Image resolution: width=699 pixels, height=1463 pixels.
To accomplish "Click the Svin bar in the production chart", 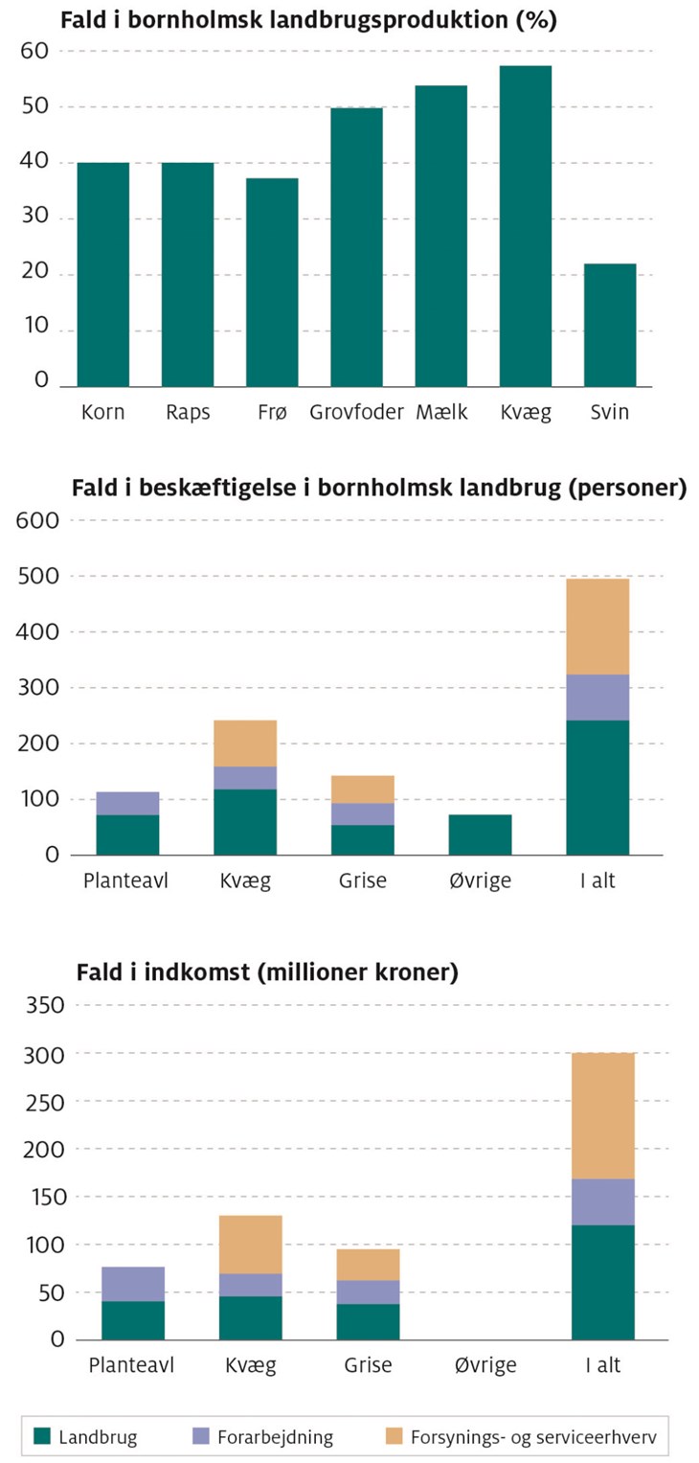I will coord(610,325).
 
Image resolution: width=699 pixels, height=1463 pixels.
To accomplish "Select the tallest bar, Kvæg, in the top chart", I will coord(526,226).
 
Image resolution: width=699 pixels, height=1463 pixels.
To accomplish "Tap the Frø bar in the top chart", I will coord(272,283).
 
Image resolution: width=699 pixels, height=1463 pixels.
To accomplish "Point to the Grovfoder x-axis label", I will coord(356,414).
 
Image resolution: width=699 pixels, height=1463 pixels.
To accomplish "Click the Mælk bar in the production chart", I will coord(441,236).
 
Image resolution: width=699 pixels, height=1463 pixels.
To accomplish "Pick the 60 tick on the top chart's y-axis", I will coord(34,51).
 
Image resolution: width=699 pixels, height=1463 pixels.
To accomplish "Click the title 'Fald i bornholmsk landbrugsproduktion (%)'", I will coord(308,19).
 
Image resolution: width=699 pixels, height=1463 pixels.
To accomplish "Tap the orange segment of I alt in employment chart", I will coord(598,627).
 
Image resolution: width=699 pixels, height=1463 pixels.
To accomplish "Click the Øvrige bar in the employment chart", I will coord(480,834).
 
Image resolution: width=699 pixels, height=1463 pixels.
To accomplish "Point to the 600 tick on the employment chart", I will coord(38,521).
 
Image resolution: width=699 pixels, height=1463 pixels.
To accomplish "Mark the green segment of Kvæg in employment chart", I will coord(245,822).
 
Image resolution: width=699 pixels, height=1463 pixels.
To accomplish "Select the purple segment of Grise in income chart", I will coord(368,1292).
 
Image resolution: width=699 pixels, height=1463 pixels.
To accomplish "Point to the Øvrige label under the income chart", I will coord(485,1365).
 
